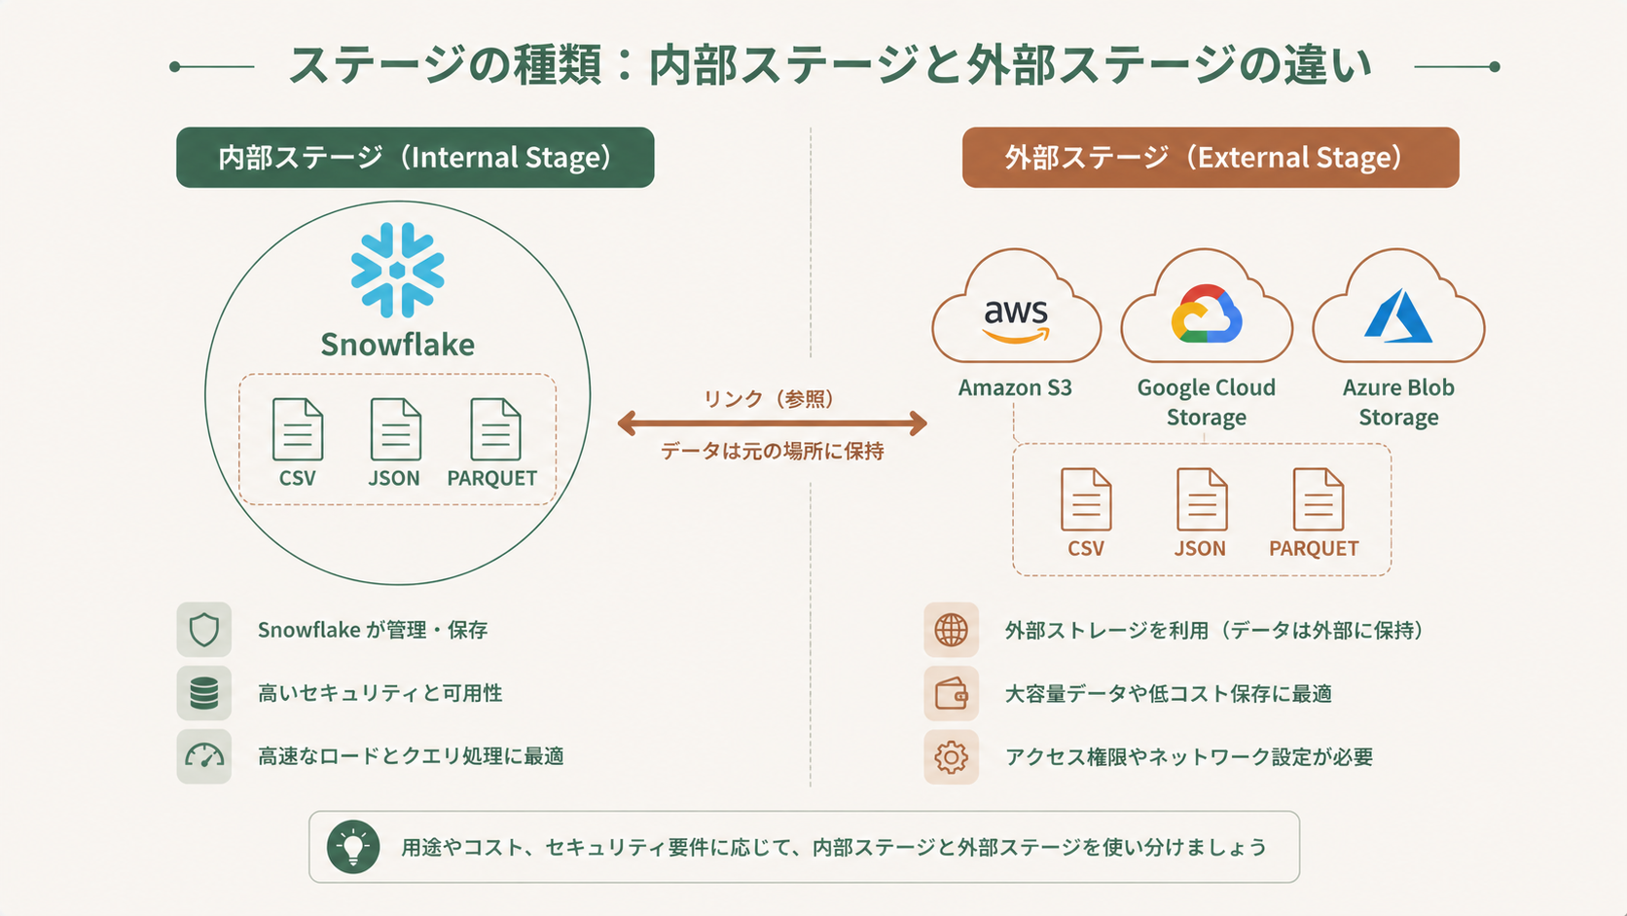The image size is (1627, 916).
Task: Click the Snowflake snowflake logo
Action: pos(397,271)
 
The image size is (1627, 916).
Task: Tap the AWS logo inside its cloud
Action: pos(1016,319)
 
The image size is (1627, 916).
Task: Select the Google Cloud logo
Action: pos(1207,314)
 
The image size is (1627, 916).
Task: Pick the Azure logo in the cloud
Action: pos(1398,316)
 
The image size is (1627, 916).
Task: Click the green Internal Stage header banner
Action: pos(415,158)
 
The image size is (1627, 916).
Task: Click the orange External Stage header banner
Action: pos(1210,158)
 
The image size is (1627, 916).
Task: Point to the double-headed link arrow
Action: pos(772,423)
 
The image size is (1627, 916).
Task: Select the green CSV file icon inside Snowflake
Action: pos(297,429)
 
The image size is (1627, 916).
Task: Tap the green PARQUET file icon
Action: pos(495,429)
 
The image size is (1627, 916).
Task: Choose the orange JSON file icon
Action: pos(1201,499)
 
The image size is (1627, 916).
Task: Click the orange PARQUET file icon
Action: pos(1318,499)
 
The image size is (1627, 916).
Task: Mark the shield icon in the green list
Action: pos(204,630)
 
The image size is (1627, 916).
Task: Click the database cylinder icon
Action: pos(204,693)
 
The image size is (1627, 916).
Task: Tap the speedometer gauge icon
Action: pos(204,756)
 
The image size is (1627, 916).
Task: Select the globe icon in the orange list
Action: pos(951,630)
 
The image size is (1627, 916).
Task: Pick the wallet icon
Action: pos(951,694)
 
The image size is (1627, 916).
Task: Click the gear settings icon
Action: pos(951,757)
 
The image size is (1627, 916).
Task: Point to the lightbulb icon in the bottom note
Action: pos(353,847)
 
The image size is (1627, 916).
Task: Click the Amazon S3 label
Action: pos(1015,387)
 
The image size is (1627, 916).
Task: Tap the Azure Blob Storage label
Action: pos(1398,402)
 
